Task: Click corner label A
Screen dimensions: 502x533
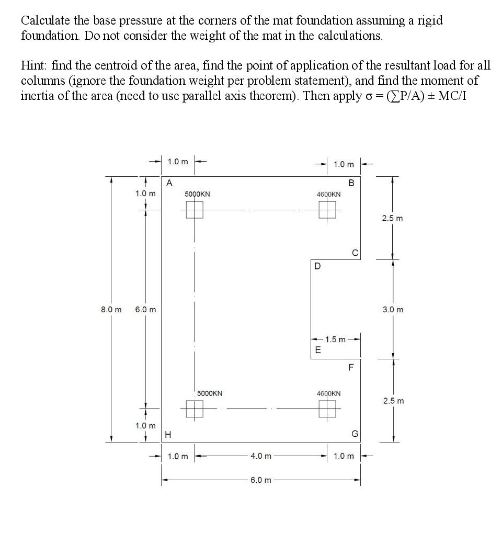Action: pos(169,183)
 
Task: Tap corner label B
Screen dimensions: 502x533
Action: pos(351,183)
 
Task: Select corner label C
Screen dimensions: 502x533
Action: pos(355,254)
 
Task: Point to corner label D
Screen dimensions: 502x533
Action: pos(317,266)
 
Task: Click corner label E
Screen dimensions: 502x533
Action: pos(316,350)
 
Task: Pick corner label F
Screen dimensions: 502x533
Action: pos(351,367)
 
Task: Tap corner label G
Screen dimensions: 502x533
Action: pos(355,434)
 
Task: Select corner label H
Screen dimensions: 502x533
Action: pos(167,434)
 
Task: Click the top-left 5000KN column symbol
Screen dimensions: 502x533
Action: pos(195,210)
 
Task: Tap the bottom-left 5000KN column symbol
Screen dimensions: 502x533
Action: pos(195,409)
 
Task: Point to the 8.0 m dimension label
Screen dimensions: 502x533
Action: pos(111,309)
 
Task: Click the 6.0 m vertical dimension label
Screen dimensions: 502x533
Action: pos(145,309)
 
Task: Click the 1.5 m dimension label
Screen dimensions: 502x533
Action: pos(335,339)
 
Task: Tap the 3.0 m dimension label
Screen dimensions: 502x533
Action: pos(393,309)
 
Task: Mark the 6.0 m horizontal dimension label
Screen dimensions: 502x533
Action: pos(261,480)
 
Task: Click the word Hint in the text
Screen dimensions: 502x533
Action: pos(34,66)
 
